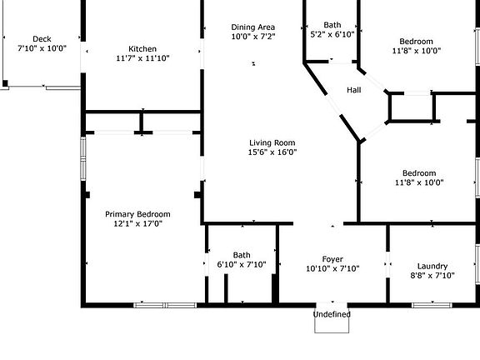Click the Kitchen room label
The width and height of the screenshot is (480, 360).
tap(142, 49)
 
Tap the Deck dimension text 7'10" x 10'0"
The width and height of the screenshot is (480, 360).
tap(42, 48)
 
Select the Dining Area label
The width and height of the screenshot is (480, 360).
tap(252, 27)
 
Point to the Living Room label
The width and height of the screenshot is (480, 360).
tap(272, 143)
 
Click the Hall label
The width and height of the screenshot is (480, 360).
tap(354, 90)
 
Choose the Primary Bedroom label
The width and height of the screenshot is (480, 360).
tap(137, 214)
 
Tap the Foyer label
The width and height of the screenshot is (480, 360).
tap(332, 260)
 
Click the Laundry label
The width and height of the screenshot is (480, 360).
tap(432, 267)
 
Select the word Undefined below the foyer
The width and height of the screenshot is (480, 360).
tap(332, 314)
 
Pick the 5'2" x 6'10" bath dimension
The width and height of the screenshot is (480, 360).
tap(332, 34)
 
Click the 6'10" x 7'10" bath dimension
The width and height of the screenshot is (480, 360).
tap(242, 264)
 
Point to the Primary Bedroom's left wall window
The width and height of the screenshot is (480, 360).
tap(83, 158)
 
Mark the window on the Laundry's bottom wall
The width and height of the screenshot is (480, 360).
tap(432, 305)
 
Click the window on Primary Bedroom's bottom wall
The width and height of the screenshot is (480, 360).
tap(165, 305)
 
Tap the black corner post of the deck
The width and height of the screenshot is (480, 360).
tap(5, 83)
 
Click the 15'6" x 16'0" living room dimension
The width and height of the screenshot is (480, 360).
tap(272, 152)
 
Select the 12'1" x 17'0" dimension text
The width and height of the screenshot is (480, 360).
tap(137, 224)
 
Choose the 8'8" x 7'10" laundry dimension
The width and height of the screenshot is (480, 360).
tap(432, 276)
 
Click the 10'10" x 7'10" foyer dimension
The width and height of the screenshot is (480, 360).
tap(332, 269)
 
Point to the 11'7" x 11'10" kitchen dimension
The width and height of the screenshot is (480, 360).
tap(142, 58)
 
